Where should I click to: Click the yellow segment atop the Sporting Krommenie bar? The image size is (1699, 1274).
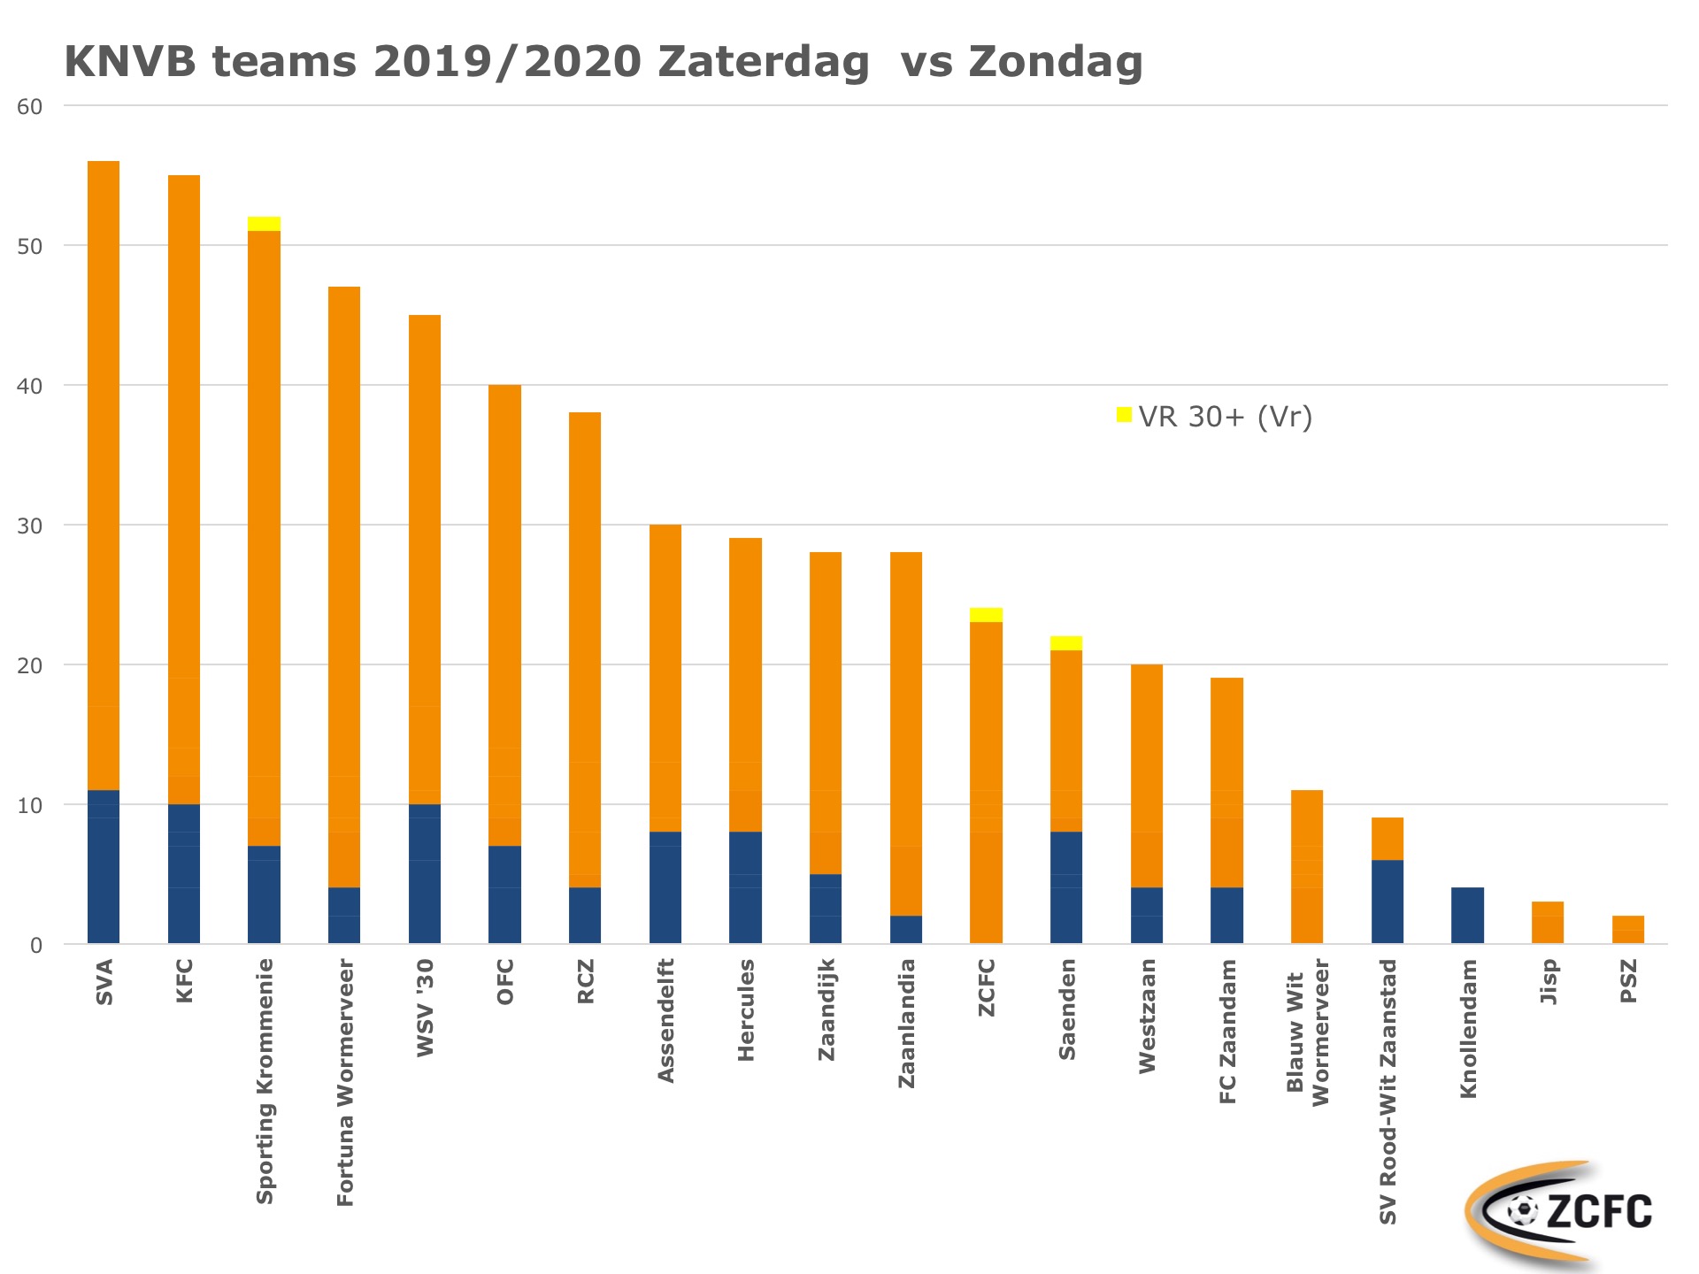(264, 224)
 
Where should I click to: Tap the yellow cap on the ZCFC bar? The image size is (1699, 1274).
(986, 615)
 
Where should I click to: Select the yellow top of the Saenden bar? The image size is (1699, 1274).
(1066, 643)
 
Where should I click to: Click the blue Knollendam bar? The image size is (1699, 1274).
(1467, 915)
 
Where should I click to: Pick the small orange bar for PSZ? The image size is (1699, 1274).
(1628, 930)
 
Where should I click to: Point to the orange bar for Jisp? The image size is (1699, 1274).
(1548, 923)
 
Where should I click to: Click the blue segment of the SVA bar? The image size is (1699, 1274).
(104, 866)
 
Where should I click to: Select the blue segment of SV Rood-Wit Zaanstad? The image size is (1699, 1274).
(1388, 902)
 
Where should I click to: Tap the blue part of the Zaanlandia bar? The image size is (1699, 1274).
(906, 929)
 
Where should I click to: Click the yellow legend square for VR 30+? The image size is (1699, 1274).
(1124, 415)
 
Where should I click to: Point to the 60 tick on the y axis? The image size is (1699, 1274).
(30, 107)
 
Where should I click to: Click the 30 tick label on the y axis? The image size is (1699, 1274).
(30, 526)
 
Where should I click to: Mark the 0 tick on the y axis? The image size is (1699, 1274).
(36, 946)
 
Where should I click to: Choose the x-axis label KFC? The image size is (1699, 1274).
(184, 981)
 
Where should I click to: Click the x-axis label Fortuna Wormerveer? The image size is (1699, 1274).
(345, 1082)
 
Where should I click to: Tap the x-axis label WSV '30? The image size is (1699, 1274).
(425, 1008)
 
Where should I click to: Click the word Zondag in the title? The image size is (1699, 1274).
(1055, 62)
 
